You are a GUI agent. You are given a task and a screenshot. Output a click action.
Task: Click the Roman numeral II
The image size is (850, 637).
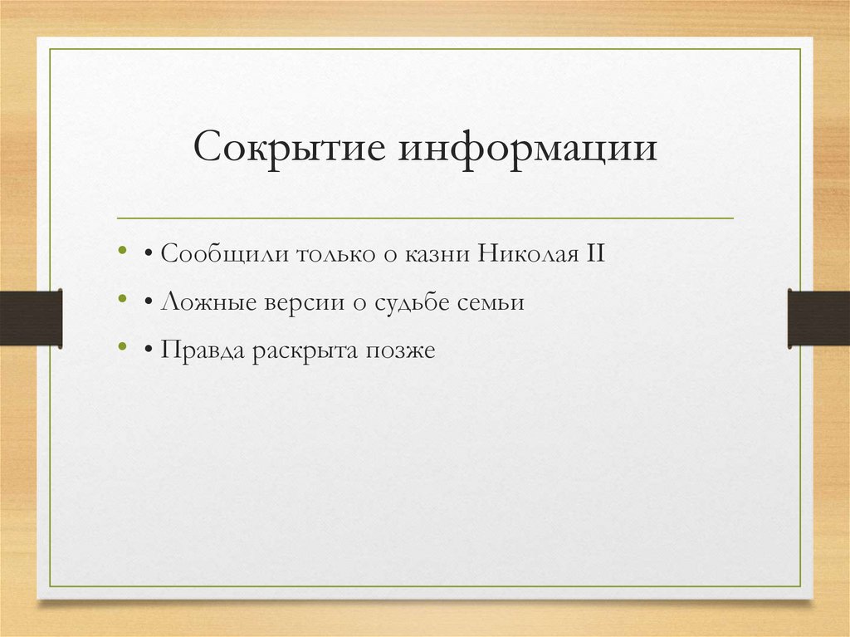click(596, 252)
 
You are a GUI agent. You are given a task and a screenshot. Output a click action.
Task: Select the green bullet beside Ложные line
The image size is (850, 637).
click(123, 298)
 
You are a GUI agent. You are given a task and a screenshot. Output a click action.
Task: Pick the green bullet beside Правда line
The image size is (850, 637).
click(123, 347)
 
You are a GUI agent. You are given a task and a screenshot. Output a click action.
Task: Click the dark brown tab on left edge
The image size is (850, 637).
click(31, 317)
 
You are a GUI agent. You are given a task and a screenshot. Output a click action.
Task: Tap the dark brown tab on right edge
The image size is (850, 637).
click(818, 317)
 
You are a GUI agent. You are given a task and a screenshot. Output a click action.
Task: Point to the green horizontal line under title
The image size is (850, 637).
click(425, 218)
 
